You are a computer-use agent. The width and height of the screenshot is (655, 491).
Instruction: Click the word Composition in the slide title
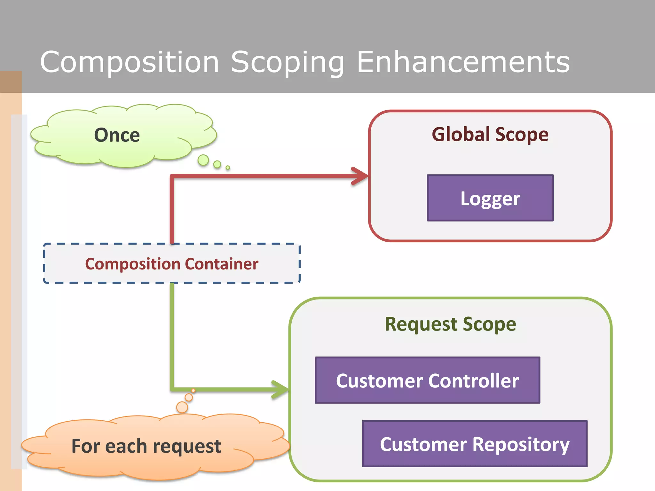(x=130, y=62)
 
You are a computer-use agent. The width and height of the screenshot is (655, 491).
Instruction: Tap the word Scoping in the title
(x=287, y=62)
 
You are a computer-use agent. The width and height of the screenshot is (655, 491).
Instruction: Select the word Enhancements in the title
(x=463, y=62)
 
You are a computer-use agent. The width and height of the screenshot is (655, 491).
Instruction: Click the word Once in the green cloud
(x=117, y=135)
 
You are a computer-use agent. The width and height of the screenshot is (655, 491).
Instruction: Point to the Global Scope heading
(x=490, y=134)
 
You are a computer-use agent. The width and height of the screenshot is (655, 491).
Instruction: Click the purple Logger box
(x=490, y=198)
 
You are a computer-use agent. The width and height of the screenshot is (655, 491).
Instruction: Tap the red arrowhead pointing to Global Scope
(x=360, y=176)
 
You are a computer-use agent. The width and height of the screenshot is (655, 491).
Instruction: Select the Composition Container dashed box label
(x=172, y=264)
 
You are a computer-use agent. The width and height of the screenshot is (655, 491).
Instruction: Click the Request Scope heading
(x=450, y=324)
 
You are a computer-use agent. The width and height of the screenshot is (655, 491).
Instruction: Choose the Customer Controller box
(x=427, y=380)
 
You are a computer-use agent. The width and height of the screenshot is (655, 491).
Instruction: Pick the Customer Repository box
(x=475, y=444)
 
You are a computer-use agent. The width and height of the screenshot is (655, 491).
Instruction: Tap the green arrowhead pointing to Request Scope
(x=280, y=389)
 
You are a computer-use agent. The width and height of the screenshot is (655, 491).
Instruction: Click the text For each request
(x=146, y=446)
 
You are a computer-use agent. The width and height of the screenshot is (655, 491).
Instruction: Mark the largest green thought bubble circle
(x=203, y=160)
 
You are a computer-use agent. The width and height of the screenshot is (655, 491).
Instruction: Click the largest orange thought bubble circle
(x=182, y=407)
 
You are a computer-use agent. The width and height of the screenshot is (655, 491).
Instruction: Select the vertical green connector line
(x=172, y=336)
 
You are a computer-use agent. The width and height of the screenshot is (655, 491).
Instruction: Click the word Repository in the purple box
(x=521, y=444)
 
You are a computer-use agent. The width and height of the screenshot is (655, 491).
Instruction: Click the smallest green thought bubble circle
(x=228, y=168)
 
